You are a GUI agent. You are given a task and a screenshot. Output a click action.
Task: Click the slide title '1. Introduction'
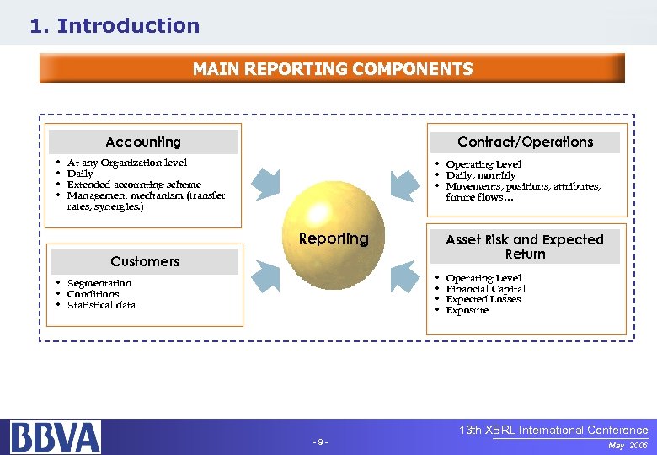click(115, 26)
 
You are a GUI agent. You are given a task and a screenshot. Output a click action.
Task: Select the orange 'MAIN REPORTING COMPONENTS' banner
click(332, 69)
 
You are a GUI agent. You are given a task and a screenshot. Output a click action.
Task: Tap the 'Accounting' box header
click(143, 142)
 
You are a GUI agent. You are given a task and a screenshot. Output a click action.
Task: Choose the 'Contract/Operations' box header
click(525, 142)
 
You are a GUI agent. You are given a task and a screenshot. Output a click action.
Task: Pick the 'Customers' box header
click(145, 261)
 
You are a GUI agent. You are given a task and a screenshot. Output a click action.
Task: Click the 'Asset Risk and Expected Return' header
click(525, 246)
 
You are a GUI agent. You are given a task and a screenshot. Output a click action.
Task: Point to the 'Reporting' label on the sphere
click(334, 238)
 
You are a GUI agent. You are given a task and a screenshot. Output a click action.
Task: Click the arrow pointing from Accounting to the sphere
click(268, 182)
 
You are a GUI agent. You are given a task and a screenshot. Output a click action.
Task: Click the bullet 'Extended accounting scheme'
click(134, 185)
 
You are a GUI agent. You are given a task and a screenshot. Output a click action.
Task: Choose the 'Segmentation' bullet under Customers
click(99, 283)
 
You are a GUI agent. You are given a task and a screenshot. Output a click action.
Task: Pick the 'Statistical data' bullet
click(101, 305)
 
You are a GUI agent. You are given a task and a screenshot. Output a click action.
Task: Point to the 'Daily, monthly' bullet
click(481, 175)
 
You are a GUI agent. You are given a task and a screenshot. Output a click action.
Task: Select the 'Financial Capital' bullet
click(486, 289)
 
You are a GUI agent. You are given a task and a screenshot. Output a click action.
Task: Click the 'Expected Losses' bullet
click(483, 299)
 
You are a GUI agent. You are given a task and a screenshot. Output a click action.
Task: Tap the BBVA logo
click(56, 436)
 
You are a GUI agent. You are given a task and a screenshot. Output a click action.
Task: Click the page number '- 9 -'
click(320, 442)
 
